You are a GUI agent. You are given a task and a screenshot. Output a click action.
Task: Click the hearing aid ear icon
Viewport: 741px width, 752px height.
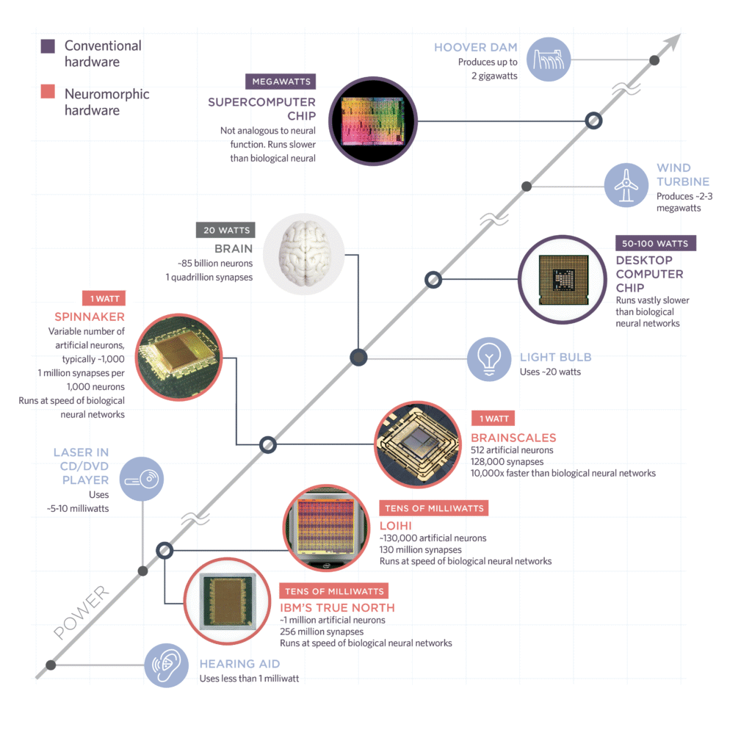[x=165, y=665]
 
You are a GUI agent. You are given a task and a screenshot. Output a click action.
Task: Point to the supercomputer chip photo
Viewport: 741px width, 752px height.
[x=373, y=121]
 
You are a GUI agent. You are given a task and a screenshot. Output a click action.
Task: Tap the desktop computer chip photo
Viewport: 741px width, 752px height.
[x=563, y=280]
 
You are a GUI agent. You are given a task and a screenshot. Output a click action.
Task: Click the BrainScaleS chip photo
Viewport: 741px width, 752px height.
[x=419, y=444]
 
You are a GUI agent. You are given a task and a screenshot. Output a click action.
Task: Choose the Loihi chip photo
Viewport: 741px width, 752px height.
[x=327, y=528]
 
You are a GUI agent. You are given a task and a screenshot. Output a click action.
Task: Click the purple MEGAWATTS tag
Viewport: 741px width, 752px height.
[x=281, y=81]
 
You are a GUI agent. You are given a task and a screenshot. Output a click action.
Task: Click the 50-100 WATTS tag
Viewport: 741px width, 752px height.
[x=656, y=242]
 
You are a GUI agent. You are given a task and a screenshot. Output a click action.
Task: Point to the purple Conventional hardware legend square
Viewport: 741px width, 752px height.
[x=47, y=46]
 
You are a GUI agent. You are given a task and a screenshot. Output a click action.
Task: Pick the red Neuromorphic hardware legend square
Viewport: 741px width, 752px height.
[x=47, y=94]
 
